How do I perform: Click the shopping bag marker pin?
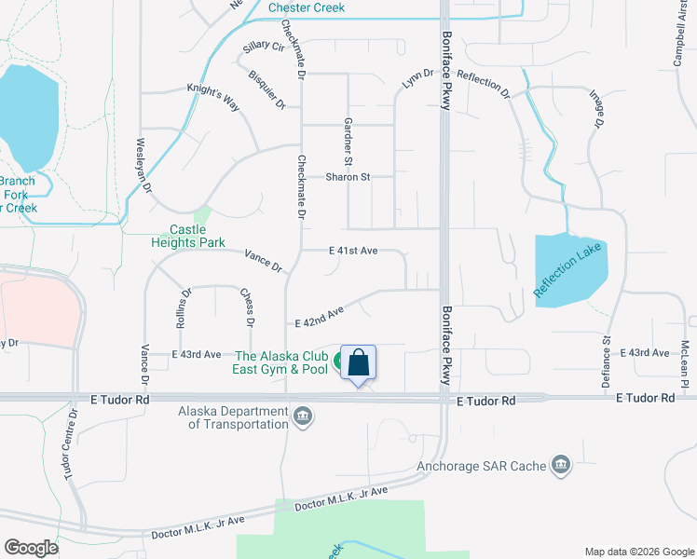point(359,364)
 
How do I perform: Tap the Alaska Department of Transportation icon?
point(302,416)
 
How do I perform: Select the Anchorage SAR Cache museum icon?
point(560,464)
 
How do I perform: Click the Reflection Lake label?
point(570,270)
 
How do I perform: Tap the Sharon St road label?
point(348,176)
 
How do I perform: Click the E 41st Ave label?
point(353,251)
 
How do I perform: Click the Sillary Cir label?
point(264,45)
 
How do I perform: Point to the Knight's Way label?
point(213,95)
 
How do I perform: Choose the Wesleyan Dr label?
point(143,164)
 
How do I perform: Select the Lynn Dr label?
point(418,79)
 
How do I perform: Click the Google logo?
point(32,547)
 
